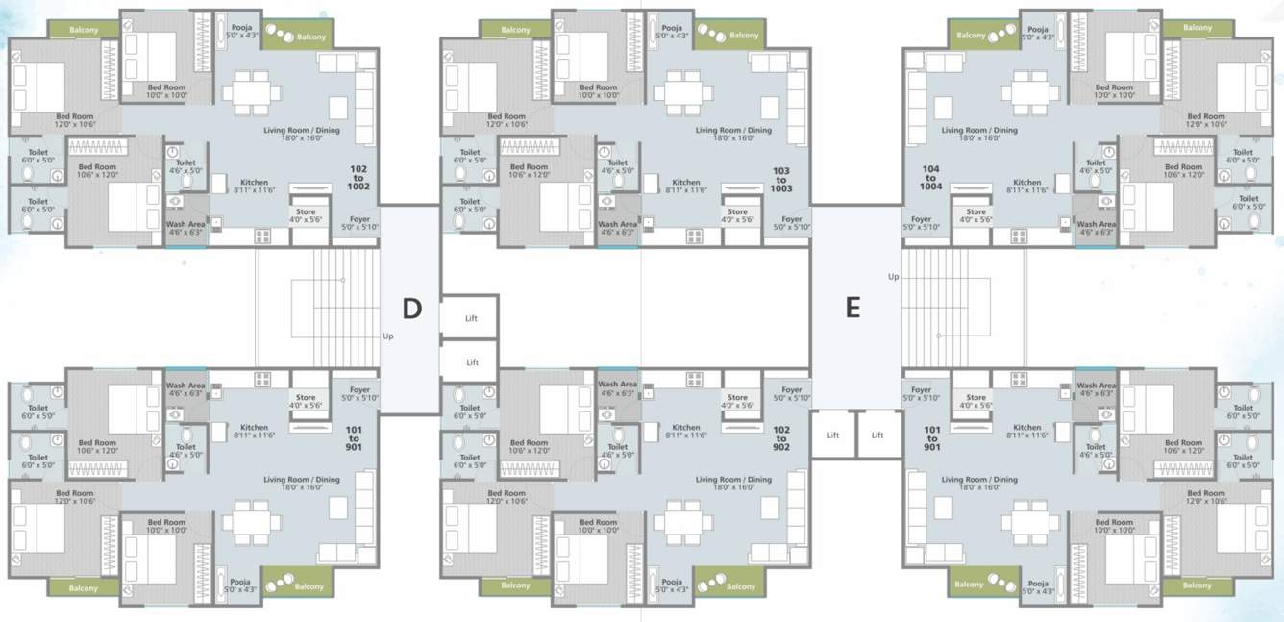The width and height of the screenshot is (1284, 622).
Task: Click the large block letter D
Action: click(x=411, y=308)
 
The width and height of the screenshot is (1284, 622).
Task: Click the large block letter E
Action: click(x=852, y=308)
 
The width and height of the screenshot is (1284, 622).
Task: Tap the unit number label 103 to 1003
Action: click(x=780, y=180)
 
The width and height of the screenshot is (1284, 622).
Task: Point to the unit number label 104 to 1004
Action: click(x=929, y=179)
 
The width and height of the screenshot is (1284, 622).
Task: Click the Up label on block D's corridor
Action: click(x=387, y=336)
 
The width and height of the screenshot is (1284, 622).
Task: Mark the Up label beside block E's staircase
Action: click(x=893, y=277)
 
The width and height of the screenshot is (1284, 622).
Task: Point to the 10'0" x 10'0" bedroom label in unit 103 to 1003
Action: click(x=599, y=91)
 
